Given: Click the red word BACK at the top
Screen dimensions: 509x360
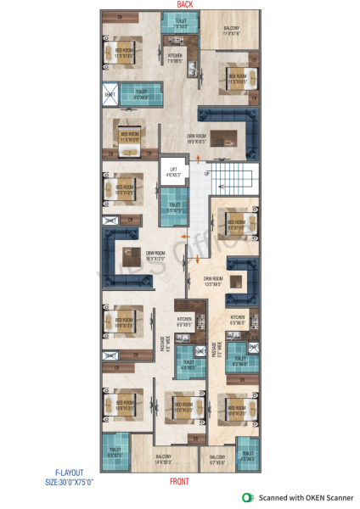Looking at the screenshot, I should pyautogui.click(x=184, y=5).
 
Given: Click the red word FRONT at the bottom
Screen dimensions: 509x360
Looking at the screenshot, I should pyautogui.click(x=179, y=481).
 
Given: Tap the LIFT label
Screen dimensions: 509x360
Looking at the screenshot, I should pyautogui.click(x=173, y=173).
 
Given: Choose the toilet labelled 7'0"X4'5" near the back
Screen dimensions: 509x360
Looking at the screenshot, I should pyautogui.click(x=179, y=25).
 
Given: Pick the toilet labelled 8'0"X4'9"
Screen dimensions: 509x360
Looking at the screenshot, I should pyautogui.click(x=142, y=96).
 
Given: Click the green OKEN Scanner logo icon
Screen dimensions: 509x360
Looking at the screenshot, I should pyautogui.click(x=248, y=497).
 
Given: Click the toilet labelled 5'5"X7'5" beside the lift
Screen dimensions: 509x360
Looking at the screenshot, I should pyautogui.click(x=174, y=209).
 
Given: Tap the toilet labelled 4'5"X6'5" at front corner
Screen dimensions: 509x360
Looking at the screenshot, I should pyautogui.click(x=247, y=456).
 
